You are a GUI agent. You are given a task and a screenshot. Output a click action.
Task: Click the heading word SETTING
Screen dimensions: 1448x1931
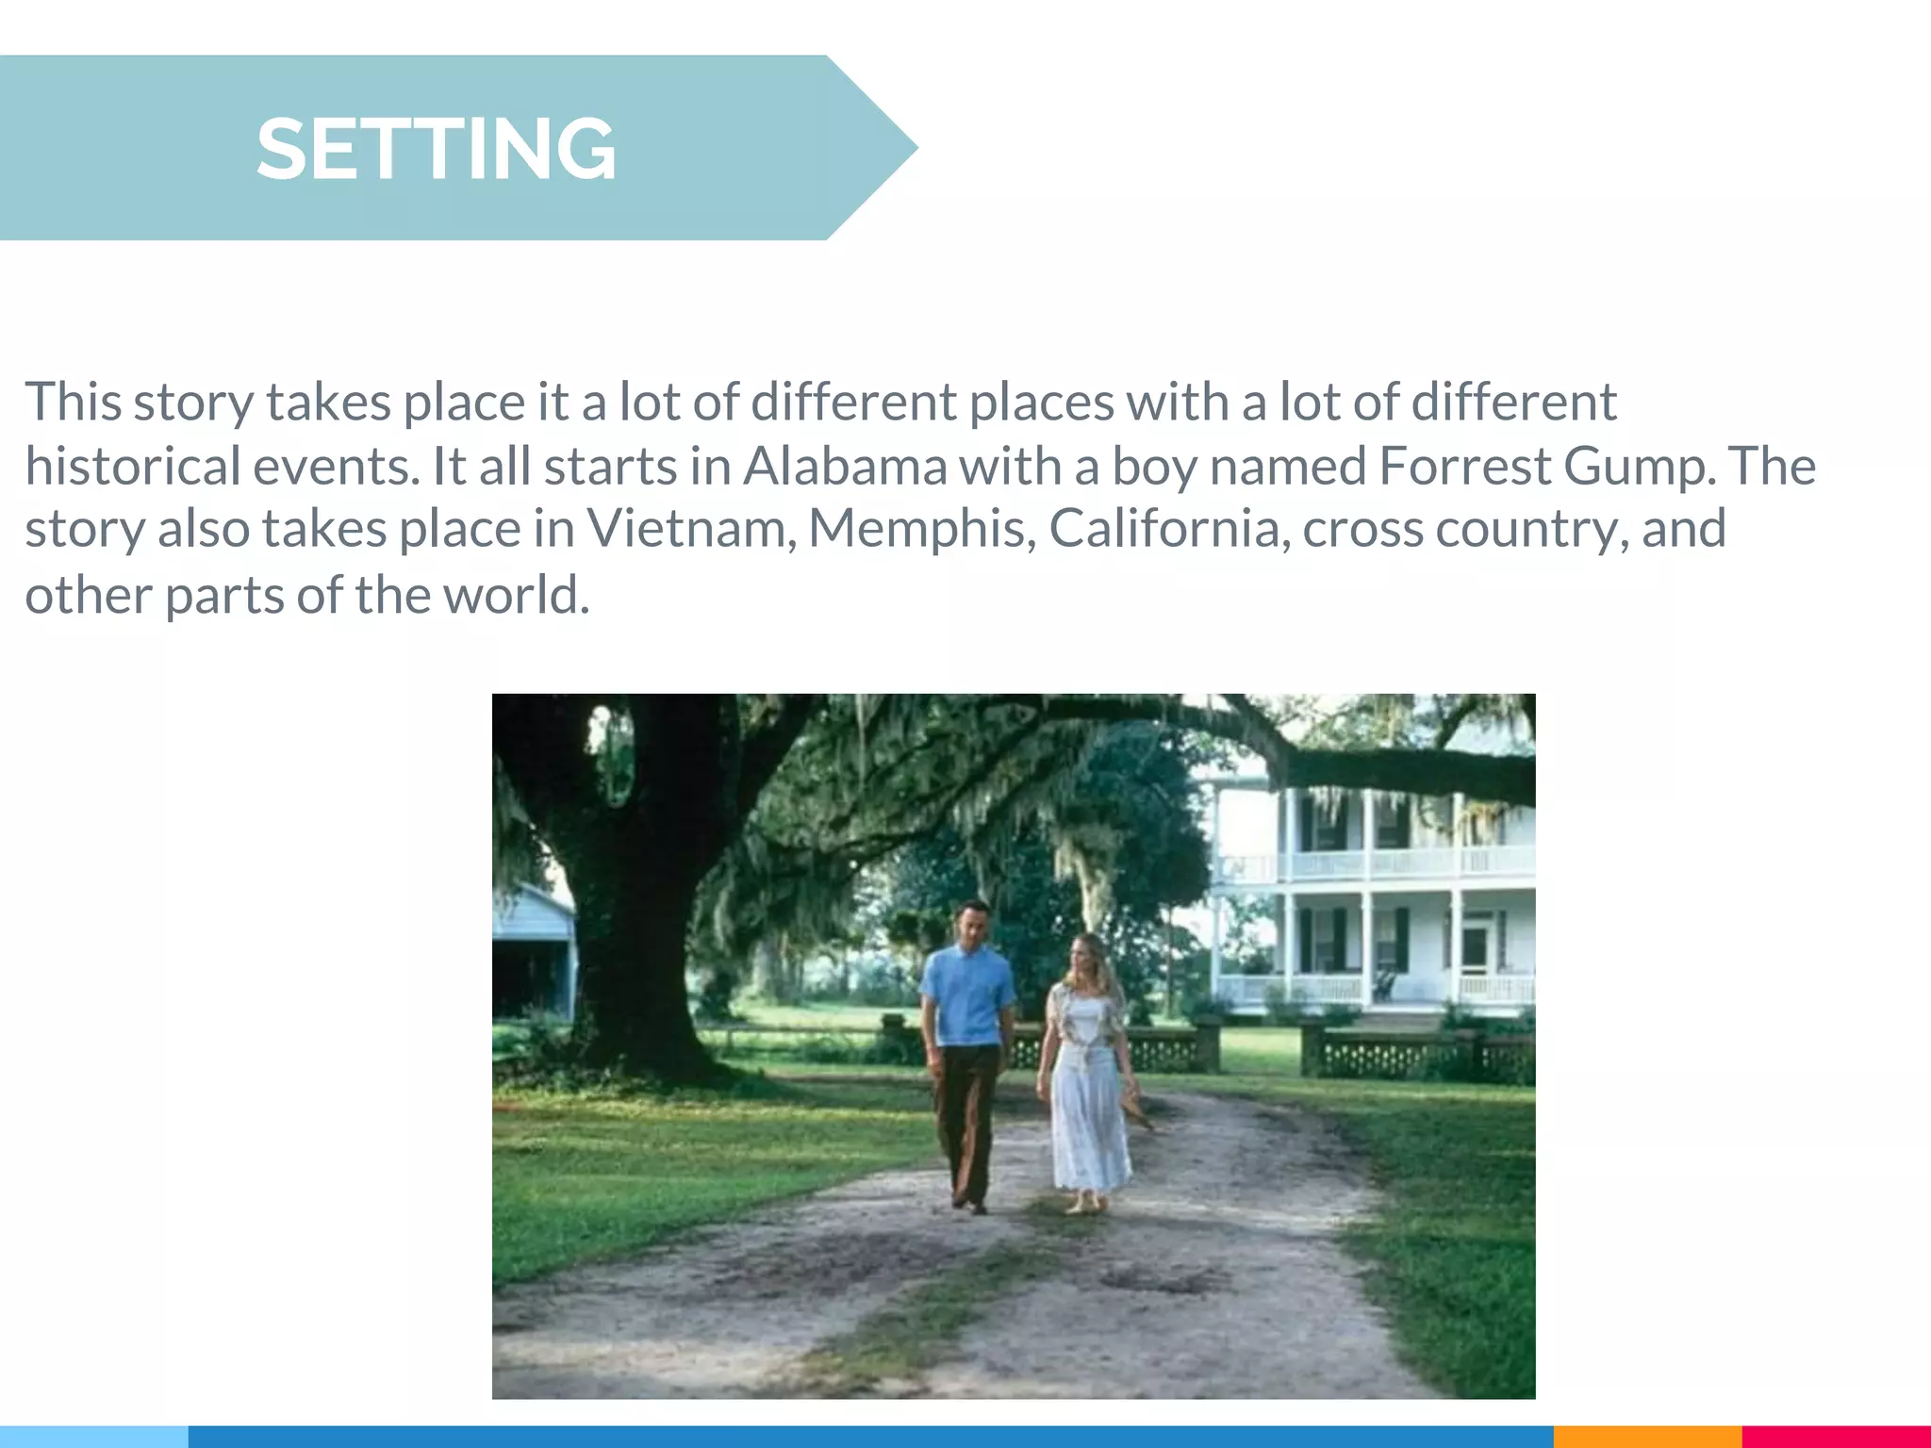[x=436, y=149]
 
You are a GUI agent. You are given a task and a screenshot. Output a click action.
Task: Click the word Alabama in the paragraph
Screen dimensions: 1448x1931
[x=845, y=467]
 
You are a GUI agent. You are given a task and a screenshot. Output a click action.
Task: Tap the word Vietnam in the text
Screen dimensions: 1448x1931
[x=686, y=529]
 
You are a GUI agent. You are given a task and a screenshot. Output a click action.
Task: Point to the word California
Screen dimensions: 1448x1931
[x=1168, y=529]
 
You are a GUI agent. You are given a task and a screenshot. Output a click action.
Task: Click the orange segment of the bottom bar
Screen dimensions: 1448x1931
[x=1646, y=1437]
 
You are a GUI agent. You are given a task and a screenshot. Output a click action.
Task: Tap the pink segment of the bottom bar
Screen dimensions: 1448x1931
[x=1835, y=1437]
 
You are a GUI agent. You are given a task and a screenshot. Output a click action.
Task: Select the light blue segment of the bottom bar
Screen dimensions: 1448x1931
[x=93, y=1437]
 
